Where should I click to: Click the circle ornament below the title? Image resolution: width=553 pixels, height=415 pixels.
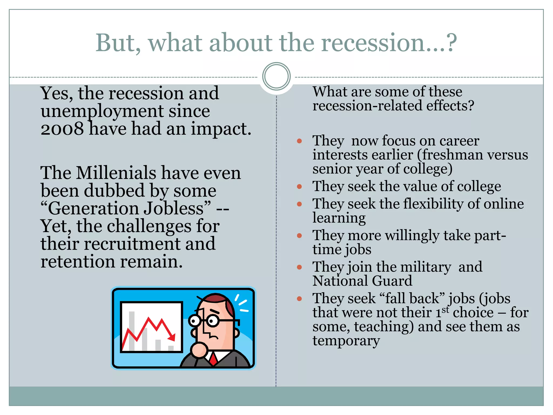tap(276, 76)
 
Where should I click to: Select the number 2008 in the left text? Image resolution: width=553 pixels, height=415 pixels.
tap(62, 129)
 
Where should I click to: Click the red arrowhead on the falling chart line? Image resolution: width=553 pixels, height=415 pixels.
tap(171, 337)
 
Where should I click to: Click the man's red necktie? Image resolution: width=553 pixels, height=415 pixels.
tap(213, 359)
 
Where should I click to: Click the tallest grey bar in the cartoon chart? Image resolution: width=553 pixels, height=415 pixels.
tap(132, 331)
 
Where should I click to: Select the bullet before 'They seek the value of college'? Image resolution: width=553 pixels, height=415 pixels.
tap(299, 186)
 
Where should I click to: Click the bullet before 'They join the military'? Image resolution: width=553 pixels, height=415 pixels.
tap(299, 267)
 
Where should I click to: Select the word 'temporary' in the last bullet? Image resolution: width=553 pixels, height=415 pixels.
tap(346, 340)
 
